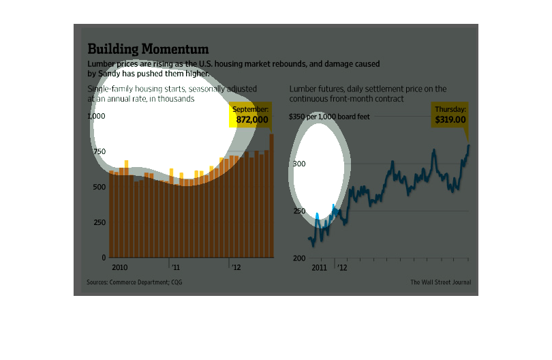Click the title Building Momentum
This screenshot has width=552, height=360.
coord(148,49)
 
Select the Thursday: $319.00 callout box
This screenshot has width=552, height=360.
coord(450,115)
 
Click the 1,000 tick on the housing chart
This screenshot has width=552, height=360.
coord(97,117)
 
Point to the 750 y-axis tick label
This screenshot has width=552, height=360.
coord(99,152)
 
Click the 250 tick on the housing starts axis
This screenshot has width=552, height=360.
coord(99,223)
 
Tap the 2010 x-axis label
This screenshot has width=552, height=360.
coord(121,267)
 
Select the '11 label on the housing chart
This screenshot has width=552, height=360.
coord(176,267)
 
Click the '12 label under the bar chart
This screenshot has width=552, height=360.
coord(234,267)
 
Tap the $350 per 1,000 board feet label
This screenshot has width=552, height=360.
coord(330,117)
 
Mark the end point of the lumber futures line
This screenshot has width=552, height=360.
coord(468,145)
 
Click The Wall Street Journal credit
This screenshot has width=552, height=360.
coord(440,282)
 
